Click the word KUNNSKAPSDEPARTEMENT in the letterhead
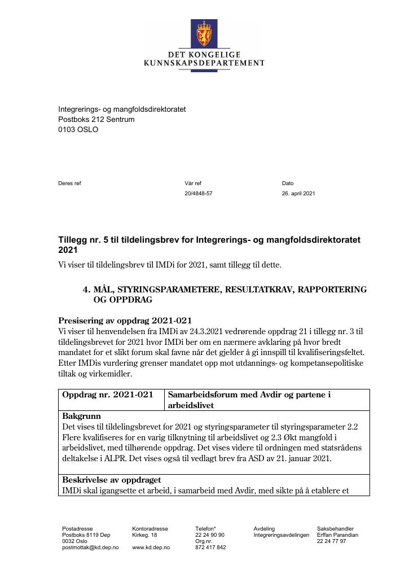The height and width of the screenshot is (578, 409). (x=204, y=63)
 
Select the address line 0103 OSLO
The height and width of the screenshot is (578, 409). (x=78, y=129)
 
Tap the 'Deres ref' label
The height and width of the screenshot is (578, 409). (x=69, y=183)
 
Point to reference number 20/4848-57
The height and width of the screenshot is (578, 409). (x=199, y=194)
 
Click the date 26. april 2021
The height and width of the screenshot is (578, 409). (x=298, y=194)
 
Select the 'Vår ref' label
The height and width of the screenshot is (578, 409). (x=192, y=183)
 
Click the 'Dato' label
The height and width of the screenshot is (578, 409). (x=288, y=183)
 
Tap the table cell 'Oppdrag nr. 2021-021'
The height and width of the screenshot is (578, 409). (x=108, y=395)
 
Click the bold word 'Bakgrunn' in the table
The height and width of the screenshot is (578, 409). (x=81, y=416)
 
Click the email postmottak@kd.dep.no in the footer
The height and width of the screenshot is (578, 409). (x=90, y=548)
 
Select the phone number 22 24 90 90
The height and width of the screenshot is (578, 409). (x=210, y=535)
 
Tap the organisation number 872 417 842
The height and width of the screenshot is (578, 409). (x=210, y=548)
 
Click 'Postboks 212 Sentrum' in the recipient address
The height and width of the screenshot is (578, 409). (x=96, y=119)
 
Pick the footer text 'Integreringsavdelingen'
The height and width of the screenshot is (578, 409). (x=282, y=535)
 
